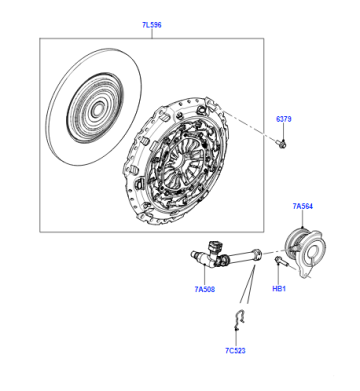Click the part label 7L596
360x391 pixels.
152,25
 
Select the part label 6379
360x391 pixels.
283,119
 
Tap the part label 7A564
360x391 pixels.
303,206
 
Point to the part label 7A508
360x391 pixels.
205,289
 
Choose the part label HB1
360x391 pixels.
279,289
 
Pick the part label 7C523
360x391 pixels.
235,350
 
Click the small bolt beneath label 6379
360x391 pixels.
282,144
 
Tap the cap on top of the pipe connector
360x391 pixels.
214,246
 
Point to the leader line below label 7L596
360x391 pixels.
152,34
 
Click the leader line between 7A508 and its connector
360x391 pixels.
204,275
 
